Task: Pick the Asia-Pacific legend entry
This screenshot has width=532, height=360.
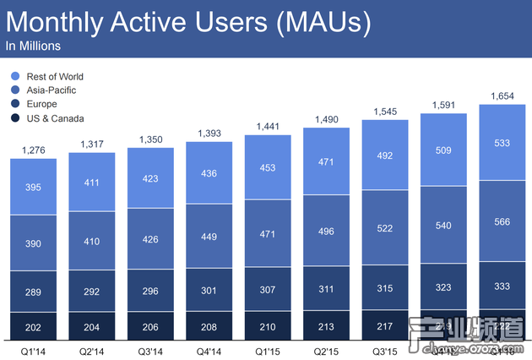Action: pyautogui.click(x=49, y=90)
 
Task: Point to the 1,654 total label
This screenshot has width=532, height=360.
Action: pyautogui.click(x=502, y=96)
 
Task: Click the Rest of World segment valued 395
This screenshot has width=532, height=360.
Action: pyautogui.click(x=34, y=186)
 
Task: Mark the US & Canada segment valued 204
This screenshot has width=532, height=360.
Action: pyautogui.click(x=92, y=325)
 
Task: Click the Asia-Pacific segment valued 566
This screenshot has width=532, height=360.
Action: pyautogui.click(x=502, y=222)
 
